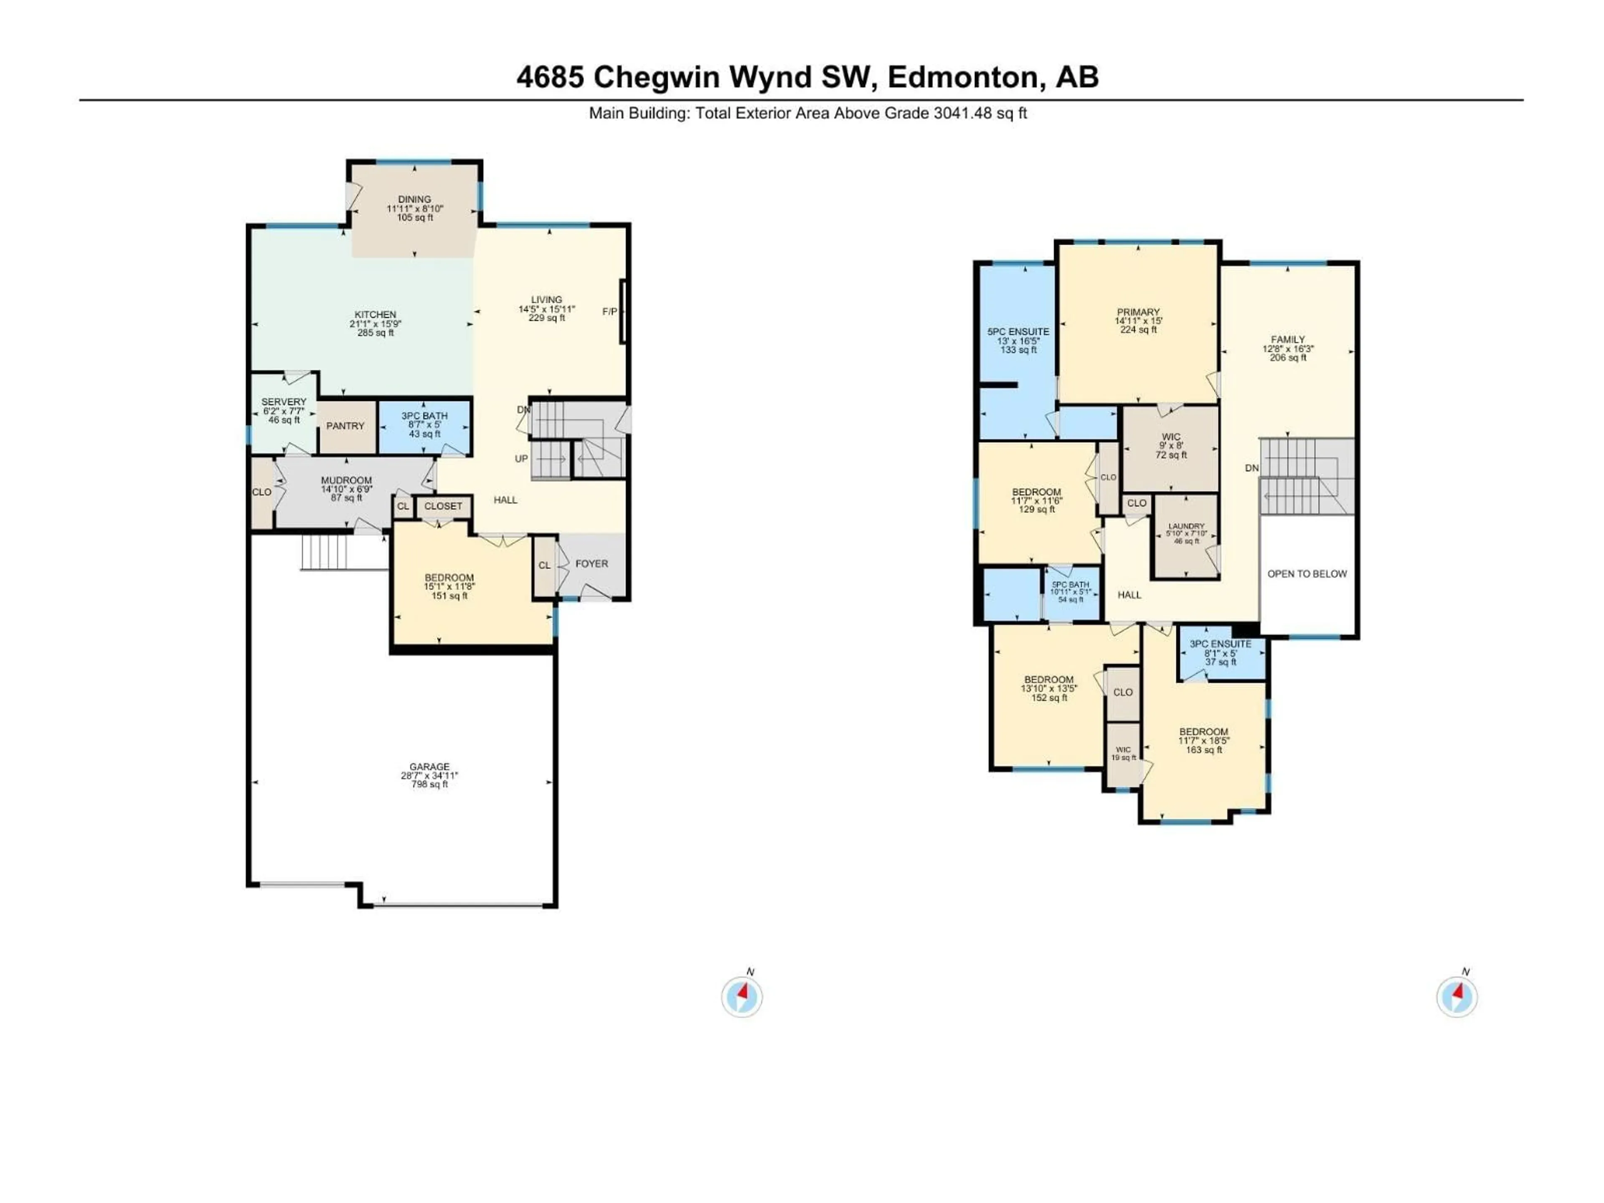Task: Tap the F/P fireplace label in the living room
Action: [x=610, y=312]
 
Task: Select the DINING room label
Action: [x=414, y=199]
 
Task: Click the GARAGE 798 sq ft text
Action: [x=429, y=784]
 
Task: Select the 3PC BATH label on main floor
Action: [x=424, y=416]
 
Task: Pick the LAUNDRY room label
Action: [x=1186, y=526]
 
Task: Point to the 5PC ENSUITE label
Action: [x=1018, y=331]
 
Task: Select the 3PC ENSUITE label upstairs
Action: [x=1221, y=644]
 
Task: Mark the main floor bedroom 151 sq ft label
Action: [x=449, y=596]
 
